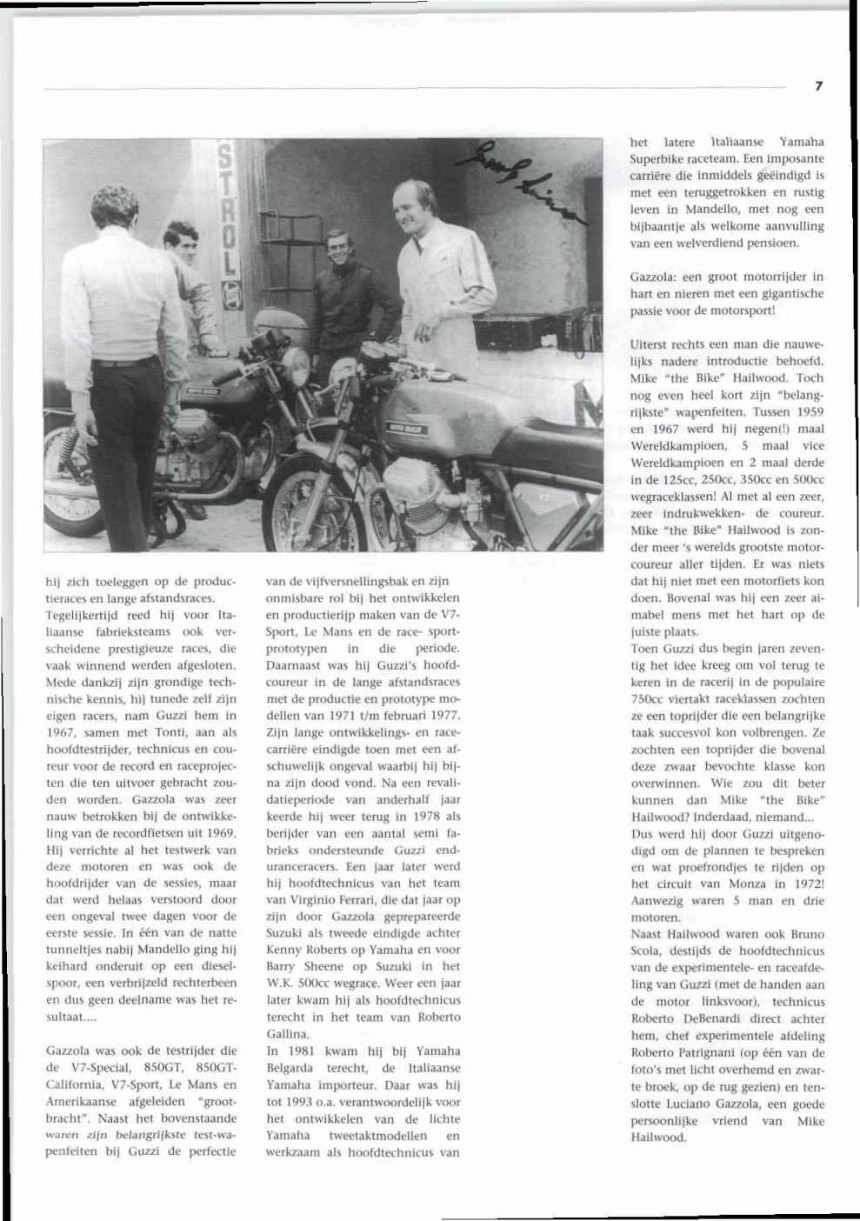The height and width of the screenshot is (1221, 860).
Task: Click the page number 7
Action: pyautogui.click(x=818, y=85)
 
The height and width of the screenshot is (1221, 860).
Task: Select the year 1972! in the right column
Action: pyautogui.click(x=806, y=884)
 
